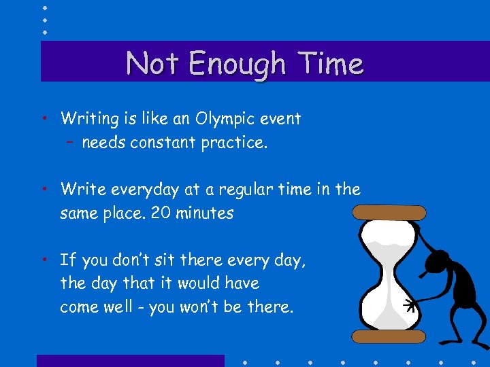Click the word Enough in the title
[237, 65]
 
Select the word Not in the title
[152, 64]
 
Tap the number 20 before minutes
[161, 213]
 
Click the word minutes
[205, 213]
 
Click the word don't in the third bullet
[129, 260]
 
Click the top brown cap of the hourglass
[390, 212]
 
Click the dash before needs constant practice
[71, 143]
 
